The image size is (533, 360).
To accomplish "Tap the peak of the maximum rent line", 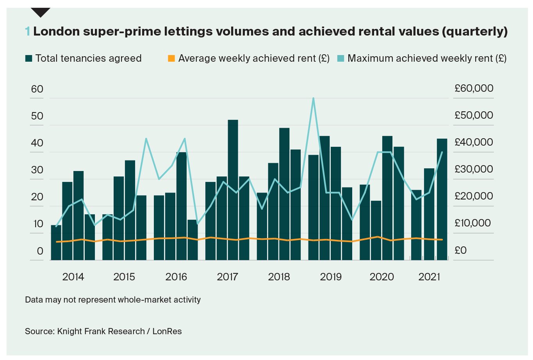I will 313,98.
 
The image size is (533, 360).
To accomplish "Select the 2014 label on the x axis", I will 73,277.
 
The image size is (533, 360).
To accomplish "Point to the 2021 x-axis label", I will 429,277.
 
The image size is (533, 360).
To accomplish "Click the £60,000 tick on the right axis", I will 474,89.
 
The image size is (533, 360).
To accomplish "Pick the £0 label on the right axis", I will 461,250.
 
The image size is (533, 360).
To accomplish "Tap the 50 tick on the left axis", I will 37,116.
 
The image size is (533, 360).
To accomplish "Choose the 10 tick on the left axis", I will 37,224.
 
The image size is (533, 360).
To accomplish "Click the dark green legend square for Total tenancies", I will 29,59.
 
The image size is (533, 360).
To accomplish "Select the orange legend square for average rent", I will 171,59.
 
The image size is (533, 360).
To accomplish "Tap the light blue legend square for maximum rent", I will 340,59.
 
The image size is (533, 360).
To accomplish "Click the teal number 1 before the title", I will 27,31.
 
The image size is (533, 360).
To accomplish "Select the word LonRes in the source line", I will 167,331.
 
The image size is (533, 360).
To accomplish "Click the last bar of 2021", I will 442,199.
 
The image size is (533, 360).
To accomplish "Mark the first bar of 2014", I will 56,242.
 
